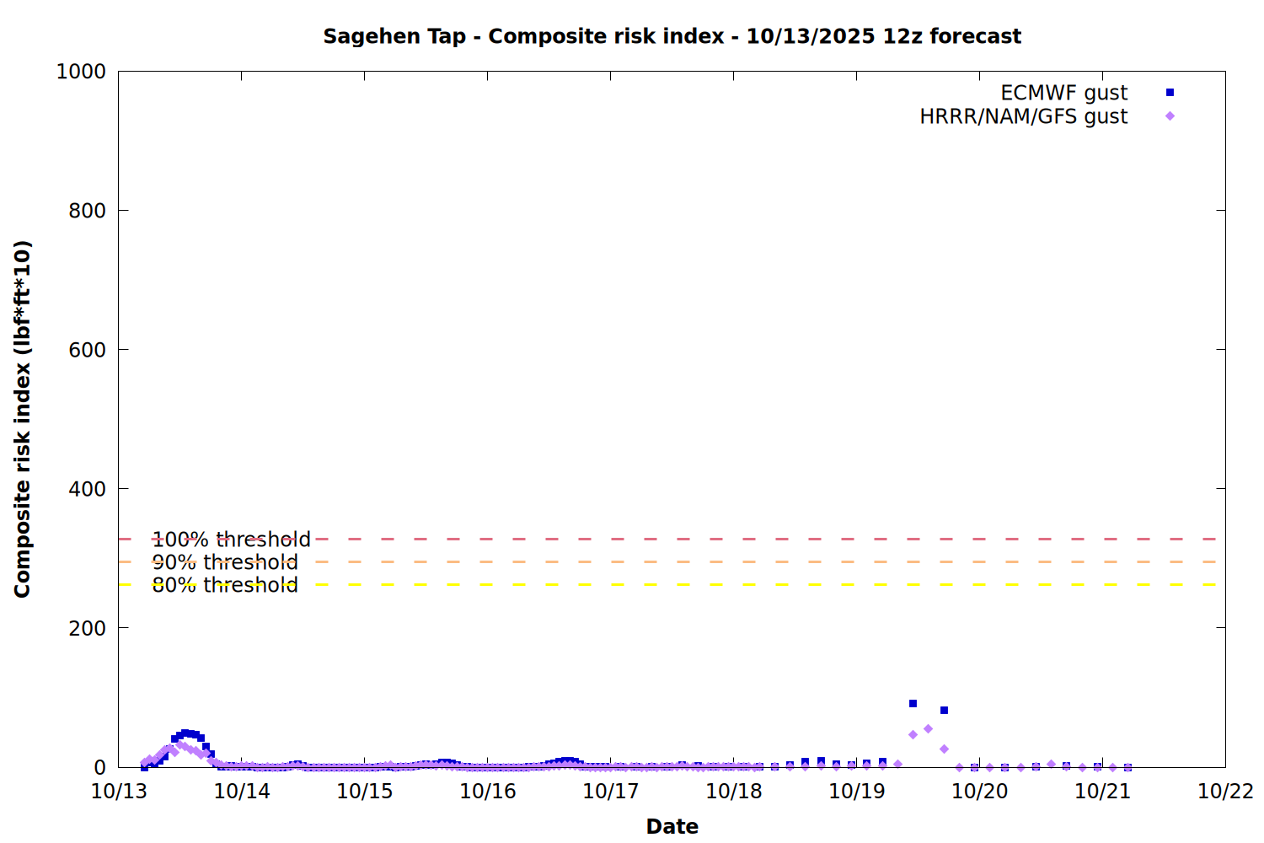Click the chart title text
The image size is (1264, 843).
point(672,36)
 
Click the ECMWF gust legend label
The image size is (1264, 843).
point(1063,93)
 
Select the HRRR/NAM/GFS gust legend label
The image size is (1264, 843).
point(1023,116)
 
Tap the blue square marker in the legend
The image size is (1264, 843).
point(1170,93)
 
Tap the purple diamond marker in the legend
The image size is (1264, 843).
point(1170,116)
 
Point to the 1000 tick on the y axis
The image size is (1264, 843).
point(81,72)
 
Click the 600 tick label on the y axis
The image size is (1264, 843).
point(87,350)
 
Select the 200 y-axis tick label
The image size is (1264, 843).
point(87,628)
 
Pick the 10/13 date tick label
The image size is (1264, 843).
point(119,792)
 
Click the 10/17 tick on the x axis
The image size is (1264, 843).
point(611,792)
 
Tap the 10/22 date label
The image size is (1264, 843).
point(1225,792)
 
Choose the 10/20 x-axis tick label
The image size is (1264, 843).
point(979,792)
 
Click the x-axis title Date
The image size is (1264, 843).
point(672,826)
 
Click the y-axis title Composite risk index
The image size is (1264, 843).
point(23,419)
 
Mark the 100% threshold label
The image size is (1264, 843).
point(231,540)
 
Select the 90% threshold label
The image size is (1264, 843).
point(225,562)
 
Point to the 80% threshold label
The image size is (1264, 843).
point(225,585)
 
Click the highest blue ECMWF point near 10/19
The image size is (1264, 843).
point(913,704)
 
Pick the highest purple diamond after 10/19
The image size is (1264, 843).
point(928,729)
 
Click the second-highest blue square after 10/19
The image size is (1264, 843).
point(944,711)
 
